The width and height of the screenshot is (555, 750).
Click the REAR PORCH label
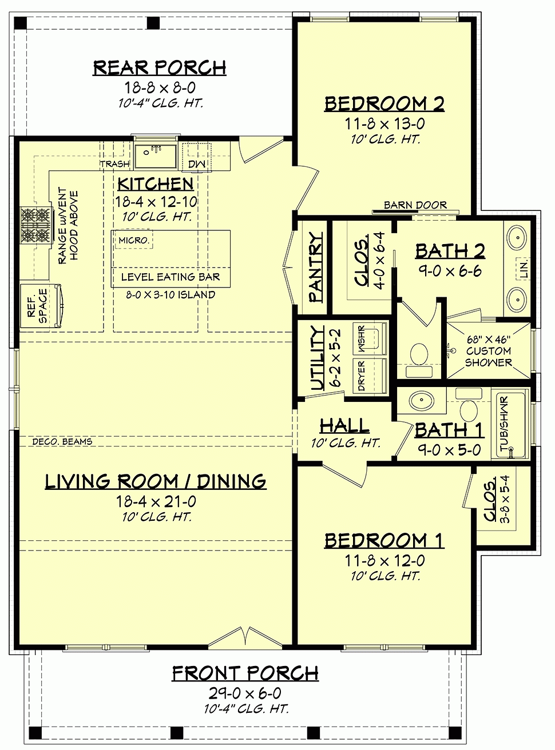(160, 67)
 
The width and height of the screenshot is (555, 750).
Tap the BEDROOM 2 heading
(384, 103)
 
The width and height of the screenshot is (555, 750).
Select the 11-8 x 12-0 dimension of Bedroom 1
(384, 561)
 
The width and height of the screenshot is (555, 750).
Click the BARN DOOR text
(415, 205)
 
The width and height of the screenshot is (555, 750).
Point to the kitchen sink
(156, 155)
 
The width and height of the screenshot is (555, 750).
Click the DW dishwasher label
(197, 164)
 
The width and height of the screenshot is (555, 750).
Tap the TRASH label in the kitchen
(115, 164)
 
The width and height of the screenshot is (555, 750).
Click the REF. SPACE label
(37, 306)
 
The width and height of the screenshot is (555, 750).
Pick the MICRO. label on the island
(134, 241)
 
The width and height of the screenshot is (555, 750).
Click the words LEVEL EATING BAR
(171, 277)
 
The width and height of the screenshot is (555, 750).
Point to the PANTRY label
(315, 267)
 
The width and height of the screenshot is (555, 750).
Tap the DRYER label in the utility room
(362, 376)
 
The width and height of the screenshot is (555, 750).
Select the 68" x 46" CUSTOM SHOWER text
(488, 351)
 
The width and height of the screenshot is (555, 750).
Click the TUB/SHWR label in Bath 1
(505, 424)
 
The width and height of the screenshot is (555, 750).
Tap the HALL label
(344, 426)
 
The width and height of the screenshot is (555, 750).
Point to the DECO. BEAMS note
(62, 442)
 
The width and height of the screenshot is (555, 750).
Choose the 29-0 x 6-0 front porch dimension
(245, 693)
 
